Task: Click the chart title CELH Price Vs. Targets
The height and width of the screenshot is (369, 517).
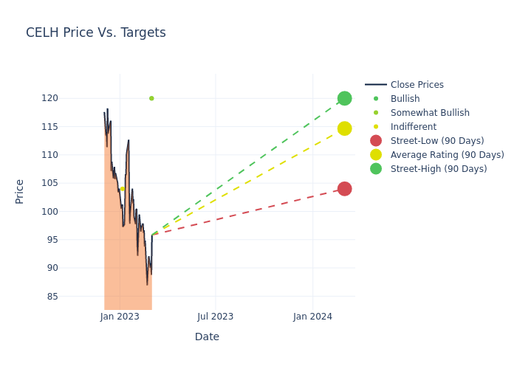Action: [x=96, y=33]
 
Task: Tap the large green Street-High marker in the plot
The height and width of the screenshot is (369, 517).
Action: [x=344, y=98]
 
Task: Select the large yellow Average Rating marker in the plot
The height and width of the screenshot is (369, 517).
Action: [x=344, y=128]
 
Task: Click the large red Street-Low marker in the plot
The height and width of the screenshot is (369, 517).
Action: [x=344, y=189]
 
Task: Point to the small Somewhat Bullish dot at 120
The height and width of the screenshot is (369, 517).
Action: [x=151, y=98]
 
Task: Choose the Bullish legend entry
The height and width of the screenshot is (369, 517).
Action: [x=405, y=99]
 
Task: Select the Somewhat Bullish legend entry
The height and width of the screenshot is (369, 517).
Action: [x=430, y=113]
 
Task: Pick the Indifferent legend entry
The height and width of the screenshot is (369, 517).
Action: [x=413, y=127]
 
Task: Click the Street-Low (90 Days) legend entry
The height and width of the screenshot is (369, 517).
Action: [x=437, y=141]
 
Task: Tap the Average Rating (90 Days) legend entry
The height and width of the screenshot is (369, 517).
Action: [x=447, y=155]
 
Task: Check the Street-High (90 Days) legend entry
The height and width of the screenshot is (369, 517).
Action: [x=439, y=169]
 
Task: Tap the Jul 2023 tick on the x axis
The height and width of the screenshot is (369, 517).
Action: [x=216, y=317]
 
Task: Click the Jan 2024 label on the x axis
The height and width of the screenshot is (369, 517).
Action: [x=312, y=317]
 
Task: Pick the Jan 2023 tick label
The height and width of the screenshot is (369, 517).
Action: [x=120, y=317]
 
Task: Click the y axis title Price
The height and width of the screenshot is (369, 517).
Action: [x=20, y=191]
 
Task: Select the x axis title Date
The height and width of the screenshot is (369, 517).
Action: [x=207, y=337]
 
